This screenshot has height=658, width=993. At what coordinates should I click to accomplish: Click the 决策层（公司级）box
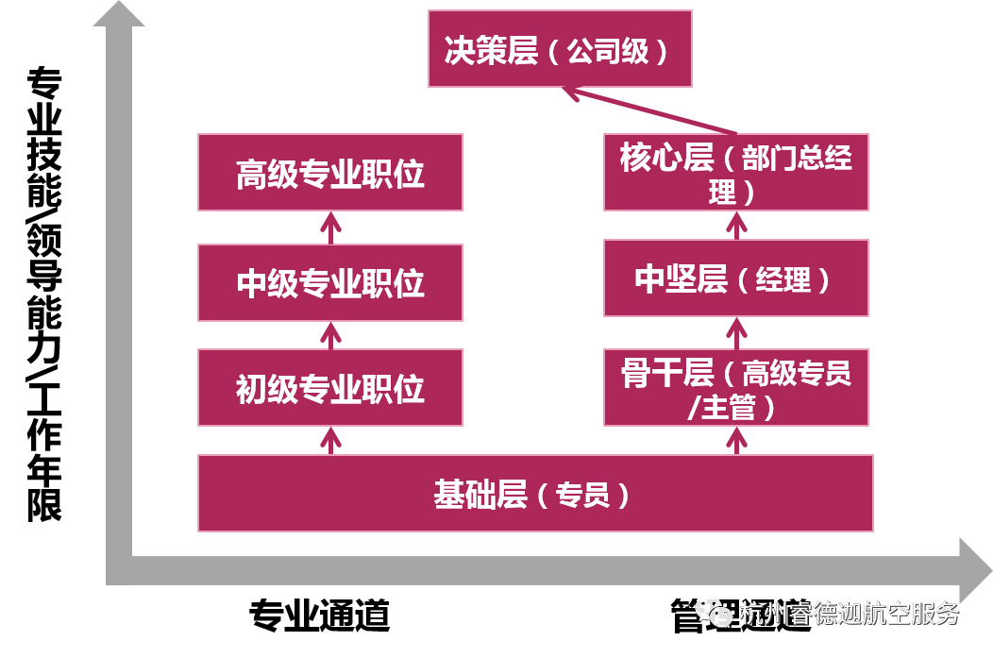click(x=560, y=48)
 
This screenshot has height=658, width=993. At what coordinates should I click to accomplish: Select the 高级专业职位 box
click(x=329, y=172)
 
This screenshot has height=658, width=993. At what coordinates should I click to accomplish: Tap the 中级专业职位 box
click(x=329, y=282)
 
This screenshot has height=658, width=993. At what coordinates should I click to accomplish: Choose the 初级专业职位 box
click(x=329, y=387)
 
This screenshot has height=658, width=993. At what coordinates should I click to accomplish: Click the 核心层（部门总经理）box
click(x=735, y=172)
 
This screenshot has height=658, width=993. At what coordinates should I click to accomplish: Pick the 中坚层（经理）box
click(x=735, y=278)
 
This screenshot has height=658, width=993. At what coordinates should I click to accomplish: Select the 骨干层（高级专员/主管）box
click(x=735, y=387)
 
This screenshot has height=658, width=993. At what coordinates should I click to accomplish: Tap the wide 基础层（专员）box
click(x=535, y=493)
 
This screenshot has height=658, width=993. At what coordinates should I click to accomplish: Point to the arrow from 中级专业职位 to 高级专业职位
click(x=329, y=228)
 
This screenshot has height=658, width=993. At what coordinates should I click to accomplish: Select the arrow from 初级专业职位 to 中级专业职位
click(x=329, y=335)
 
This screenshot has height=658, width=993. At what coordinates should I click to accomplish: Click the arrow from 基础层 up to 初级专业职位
click(x=329, y=440)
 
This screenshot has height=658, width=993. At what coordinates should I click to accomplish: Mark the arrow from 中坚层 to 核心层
click(x=736, y=225)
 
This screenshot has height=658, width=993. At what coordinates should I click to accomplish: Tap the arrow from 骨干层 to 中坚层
click(x=736, y=332)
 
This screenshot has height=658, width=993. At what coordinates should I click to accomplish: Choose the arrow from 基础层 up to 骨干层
click(x=736, y=440)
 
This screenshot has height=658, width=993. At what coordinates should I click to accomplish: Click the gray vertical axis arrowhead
click(x=119, y=13)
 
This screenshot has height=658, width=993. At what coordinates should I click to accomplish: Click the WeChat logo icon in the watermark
click(x=714, y=612)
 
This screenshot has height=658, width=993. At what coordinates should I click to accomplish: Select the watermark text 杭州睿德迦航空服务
click(x=850, y=613)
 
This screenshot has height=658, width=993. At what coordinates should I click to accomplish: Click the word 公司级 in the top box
click(x=608, y=51)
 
